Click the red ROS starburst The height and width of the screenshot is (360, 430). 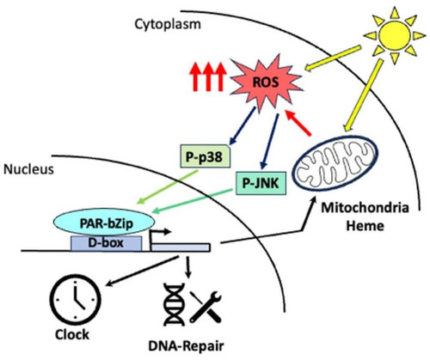tap(266, 82)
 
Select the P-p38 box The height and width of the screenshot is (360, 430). tap(205, 156)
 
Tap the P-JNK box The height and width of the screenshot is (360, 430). tap(261, 183)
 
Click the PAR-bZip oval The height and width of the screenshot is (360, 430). tap(104, 223)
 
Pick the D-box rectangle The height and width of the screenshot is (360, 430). tap(106, 243)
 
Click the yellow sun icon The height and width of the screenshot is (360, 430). tap(394, 35)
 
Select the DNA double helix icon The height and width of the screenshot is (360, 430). tap(174, 304)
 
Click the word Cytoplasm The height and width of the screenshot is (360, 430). tap(168, 24)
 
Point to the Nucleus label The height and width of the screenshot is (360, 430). tap(28, 169)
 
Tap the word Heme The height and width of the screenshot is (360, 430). tap(365, 225)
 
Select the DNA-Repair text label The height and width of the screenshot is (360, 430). tap(186, 346)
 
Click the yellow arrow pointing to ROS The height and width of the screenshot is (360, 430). tap(333, 58)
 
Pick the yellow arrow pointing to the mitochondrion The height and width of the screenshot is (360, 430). tap(363, 95)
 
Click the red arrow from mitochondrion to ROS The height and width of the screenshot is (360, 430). tap(298, 123)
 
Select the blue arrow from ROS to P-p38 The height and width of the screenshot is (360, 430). tap(243, 125)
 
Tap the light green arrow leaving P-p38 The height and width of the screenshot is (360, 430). tap(168, 186)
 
